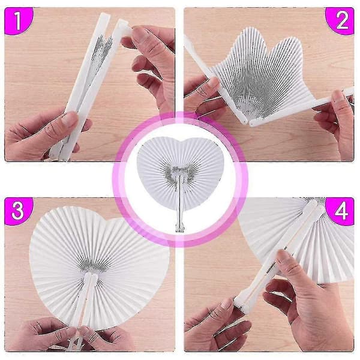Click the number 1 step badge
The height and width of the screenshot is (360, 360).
tap(18, 20)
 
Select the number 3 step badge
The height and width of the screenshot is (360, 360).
tap(19, 211)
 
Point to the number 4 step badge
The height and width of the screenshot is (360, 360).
tap(341, 211)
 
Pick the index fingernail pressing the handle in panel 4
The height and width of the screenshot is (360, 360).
tap(281, 257)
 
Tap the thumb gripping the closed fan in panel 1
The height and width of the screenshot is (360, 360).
tap(67, 122)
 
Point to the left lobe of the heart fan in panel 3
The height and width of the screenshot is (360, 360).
tap(59, 241)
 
